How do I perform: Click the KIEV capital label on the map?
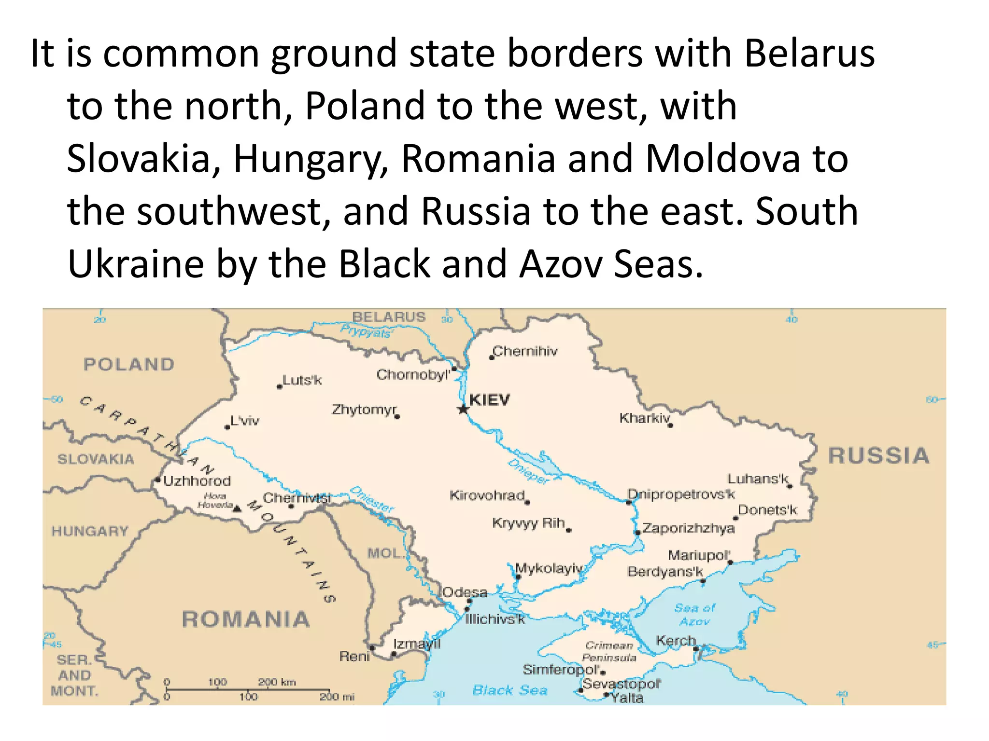[x=489, y=400]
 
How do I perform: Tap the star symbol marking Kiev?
[x=463, y=410]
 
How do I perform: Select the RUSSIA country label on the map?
[x=878, y=456]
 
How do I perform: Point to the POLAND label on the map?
[x=129, y=364]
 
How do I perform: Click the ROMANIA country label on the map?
[x=246, y=619]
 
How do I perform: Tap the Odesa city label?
[x=465, y=592]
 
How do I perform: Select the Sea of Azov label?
[x=694, y=614]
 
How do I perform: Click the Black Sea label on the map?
[x=510, y=690]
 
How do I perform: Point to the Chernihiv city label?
[x=525, y=351]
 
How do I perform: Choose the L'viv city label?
[x=245, y=421]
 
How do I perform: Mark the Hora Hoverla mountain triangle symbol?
[x=237, y=508]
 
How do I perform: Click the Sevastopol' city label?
[x=621, y=684]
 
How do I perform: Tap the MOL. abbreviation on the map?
[x=385, y=553]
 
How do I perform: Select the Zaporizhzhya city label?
[x=689, y=528]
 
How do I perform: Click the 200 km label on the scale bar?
[x=277, y=682]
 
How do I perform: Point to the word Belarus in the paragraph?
[x=809, y=53]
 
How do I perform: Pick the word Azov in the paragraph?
[x=561, y=264]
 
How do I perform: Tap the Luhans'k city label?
[x=758, y=479]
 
